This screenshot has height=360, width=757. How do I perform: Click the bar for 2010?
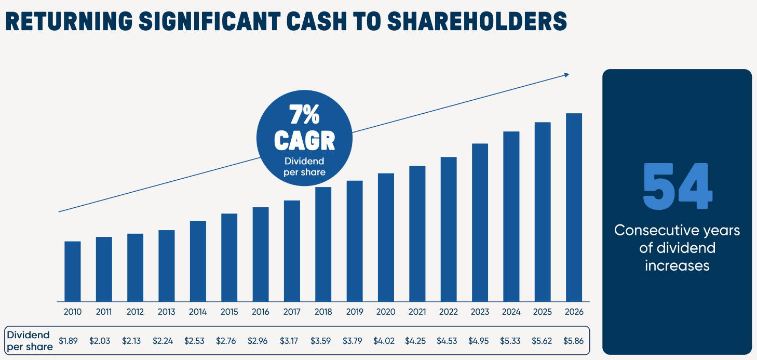tap(73, 271)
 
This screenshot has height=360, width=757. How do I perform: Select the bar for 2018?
tap(323, 244)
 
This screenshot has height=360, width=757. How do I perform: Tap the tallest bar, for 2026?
tap(574, 207)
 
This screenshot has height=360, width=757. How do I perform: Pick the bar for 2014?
tap(198, 261)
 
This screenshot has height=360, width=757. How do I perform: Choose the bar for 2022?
tap(449, 229)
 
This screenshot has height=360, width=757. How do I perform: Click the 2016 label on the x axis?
tap(261, 312)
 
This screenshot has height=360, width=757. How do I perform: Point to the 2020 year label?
tap(386, 312)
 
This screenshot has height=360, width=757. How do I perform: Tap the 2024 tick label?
tap(511, 312)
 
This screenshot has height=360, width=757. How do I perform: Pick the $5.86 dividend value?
tap(574, 341)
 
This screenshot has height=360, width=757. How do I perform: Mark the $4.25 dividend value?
tap(415, 341)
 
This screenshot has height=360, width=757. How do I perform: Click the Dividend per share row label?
tap(29, 341)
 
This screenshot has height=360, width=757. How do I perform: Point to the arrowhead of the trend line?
tap(567, 75)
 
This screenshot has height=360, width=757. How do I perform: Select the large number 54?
tap(677, 186)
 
